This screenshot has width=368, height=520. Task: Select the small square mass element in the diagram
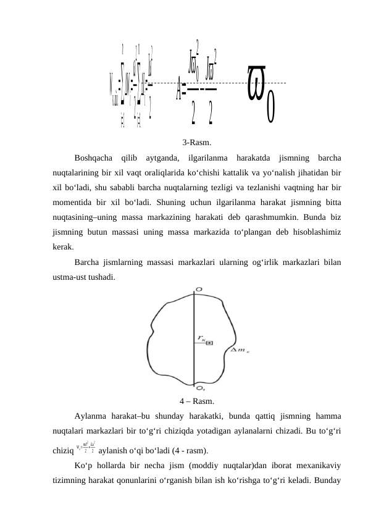point(210,343)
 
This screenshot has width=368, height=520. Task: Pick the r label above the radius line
point(201,337)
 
